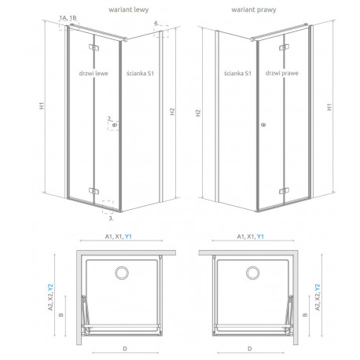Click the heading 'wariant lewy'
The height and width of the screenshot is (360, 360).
pos(128,10)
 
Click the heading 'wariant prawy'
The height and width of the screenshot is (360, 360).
pos(254,10)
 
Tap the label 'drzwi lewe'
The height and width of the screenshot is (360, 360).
pos(94,73)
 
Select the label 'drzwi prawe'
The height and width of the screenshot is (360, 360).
pos(281,73)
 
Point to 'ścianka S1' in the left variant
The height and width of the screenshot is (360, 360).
pos(140,73)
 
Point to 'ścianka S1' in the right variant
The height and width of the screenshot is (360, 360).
pos(237,73)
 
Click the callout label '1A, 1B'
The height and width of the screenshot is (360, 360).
pos(68,18)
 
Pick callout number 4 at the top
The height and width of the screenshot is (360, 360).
pos(156,24)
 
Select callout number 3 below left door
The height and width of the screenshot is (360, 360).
pos(111,218)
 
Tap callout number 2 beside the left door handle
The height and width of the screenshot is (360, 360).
pos(109,119)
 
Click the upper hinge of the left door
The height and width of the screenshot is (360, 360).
pos(94,47)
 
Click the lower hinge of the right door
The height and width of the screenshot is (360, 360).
pos(284,191)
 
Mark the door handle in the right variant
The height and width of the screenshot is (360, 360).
pos(263,125)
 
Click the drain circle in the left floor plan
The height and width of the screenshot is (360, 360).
pos(122,273)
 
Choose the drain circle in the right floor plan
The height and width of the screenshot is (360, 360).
pos(253,273)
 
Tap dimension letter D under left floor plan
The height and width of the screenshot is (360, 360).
pos(125,349)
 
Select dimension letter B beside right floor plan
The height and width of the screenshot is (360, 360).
pos(305,314)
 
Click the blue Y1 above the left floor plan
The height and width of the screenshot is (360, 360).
pos(128,237)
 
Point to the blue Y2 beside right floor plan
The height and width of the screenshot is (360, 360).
pos(318,288)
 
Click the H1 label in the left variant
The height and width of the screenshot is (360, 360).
pos(42,105)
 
